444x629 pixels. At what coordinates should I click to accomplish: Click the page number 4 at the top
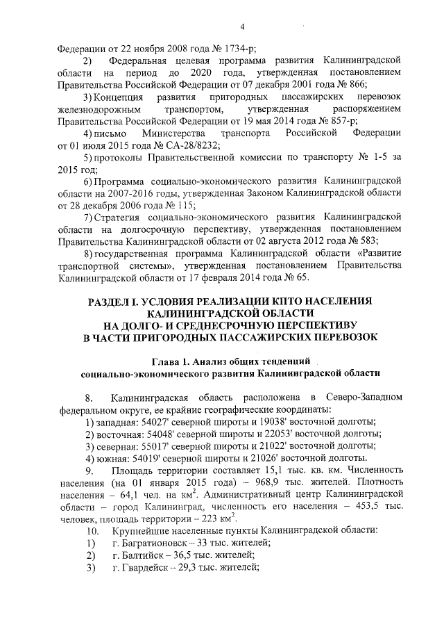(244, 27)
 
